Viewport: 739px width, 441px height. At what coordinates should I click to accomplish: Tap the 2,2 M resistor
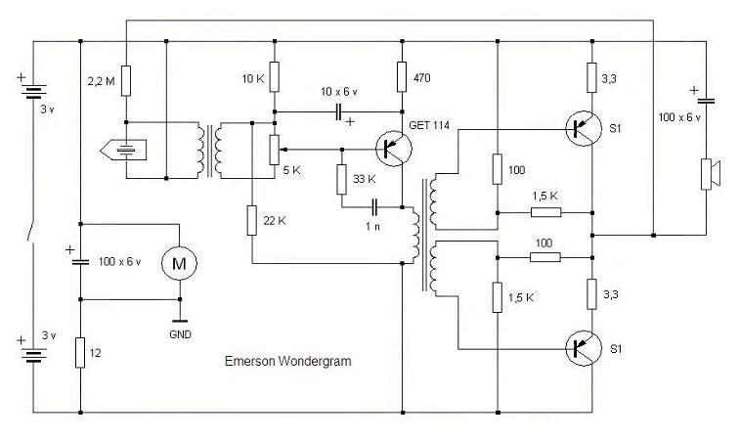tap(127, 79)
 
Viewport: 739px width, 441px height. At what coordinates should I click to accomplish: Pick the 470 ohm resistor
tap(402, 76)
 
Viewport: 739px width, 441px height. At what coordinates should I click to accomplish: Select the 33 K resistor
tap(342, 180)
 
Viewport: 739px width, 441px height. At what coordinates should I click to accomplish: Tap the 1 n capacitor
tap(374, 207)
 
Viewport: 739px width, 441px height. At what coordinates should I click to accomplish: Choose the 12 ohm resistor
tap(80, 351)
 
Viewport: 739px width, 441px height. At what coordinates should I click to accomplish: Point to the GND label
tap(179, 333)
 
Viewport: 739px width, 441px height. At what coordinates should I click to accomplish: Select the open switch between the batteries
tap(32, 231)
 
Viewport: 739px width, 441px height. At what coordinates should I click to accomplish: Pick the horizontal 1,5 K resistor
tap(545, 211)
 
